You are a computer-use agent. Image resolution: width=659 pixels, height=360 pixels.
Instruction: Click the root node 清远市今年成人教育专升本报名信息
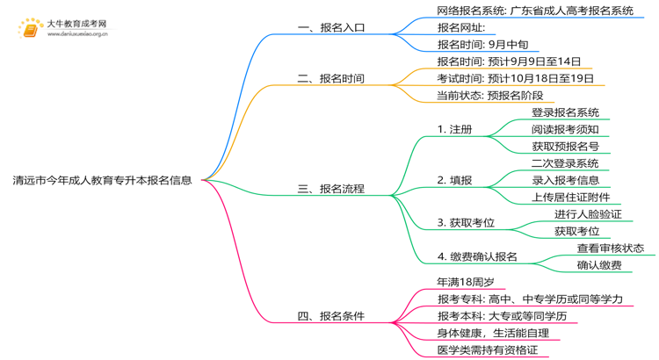(x=102, y=181)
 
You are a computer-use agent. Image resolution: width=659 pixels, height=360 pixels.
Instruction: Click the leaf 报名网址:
(x=460, y=27)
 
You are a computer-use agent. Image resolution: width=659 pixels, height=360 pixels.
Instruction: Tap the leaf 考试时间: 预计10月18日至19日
(x=515, y=78)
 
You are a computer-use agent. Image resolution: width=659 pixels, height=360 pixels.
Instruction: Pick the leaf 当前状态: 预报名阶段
(x=489, y=95)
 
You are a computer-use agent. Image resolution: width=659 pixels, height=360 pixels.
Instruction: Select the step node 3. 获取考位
(x=465, y=222)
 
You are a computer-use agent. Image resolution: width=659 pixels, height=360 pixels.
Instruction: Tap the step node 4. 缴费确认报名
(x=477, y=256)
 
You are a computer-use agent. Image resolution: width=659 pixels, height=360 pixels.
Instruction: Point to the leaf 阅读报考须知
(x=565, y=129)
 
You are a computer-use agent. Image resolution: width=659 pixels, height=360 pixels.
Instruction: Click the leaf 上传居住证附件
(x=570, y=197)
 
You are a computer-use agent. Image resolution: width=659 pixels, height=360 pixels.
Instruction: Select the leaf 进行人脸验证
(x=588, y=213)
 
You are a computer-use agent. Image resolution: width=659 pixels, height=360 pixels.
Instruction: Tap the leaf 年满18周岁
(x=465, y=282)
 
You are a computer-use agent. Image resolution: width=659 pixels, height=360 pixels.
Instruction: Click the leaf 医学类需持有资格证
(x=487, y=349)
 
